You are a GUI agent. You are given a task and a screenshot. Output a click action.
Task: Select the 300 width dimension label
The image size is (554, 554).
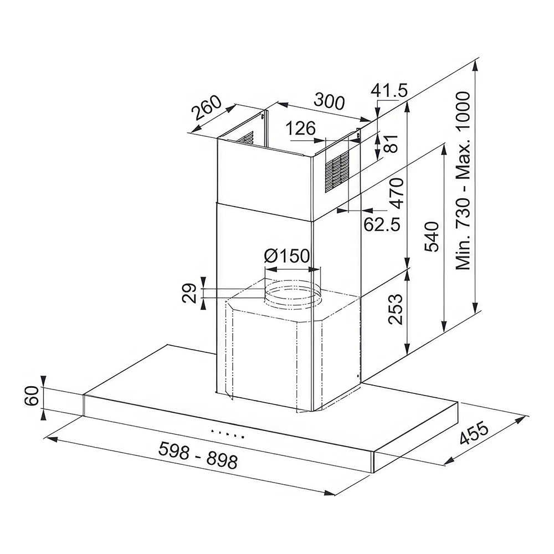tap(329, 101)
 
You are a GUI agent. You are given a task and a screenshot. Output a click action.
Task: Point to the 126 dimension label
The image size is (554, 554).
tap(301, 129)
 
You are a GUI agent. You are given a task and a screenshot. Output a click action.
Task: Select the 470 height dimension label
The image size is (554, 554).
tap(396, 193)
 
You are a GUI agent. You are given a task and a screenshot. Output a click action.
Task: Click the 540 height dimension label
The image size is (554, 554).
tap(432, 237)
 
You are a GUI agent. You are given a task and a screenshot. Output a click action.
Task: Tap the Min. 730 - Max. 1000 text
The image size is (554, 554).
tap(463, 181)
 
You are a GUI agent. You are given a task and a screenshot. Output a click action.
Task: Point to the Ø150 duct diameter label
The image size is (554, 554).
tap(287, 255)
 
